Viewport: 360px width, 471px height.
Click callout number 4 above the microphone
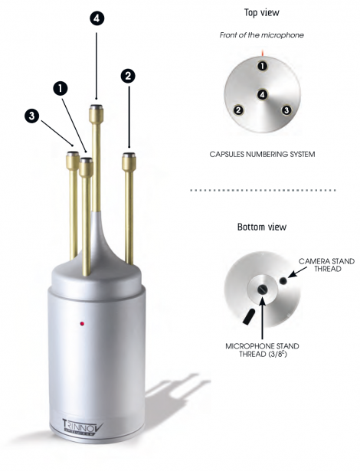[x=97, y=18]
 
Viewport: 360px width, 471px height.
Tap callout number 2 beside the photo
[x=129, y=76]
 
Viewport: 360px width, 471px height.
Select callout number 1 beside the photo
[x=61, y=88]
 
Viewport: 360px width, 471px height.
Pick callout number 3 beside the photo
[x=32, y=116]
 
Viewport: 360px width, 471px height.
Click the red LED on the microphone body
[x=82, y=323]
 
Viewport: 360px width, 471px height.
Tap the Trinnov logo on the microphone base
[x=82, y=427]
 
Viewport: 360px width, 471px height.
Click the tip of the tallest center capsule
[x=97, y=106]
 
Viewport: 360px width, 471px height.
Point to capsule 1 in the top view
[x=263, y=66]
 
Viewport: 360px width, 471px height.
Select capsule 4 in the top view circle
[x=262, y=95]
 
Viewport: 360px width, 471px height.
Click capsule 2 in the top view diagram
[x=239, y=110]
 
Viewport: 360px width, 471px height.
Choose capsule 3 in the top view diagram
[x=286, y=110]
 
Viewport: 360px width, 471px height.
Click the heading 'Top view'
[x=262, y=12]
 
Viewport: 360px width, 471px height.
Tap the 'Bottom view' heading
[x=262, y=227]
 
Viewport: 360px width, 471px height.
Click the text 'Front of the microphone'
[x=262, y=35]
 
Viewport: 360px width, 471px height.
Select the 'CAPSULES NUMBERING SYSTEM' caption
[x=262, y=155]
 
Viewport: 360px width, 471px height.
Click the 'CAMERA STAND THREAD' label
[x=327, y=265]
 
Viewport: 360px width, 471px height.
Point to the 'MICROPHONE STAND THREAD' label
[x=262, y=350]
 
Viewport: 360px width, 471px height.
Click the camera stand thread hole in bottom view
[x=283, y=280]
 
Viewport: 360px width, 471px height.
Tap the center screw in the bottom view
[x=262, y=289]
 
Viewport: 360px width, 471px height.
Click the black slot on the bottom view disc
[x=249, y=316]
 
